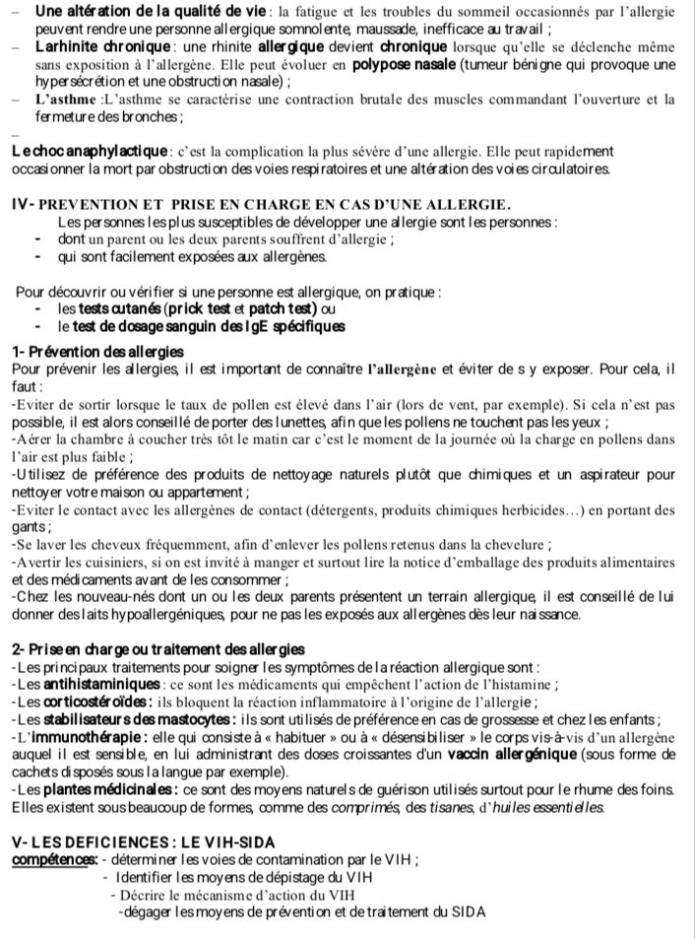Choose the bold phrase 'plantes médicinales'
pos(105,790)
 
